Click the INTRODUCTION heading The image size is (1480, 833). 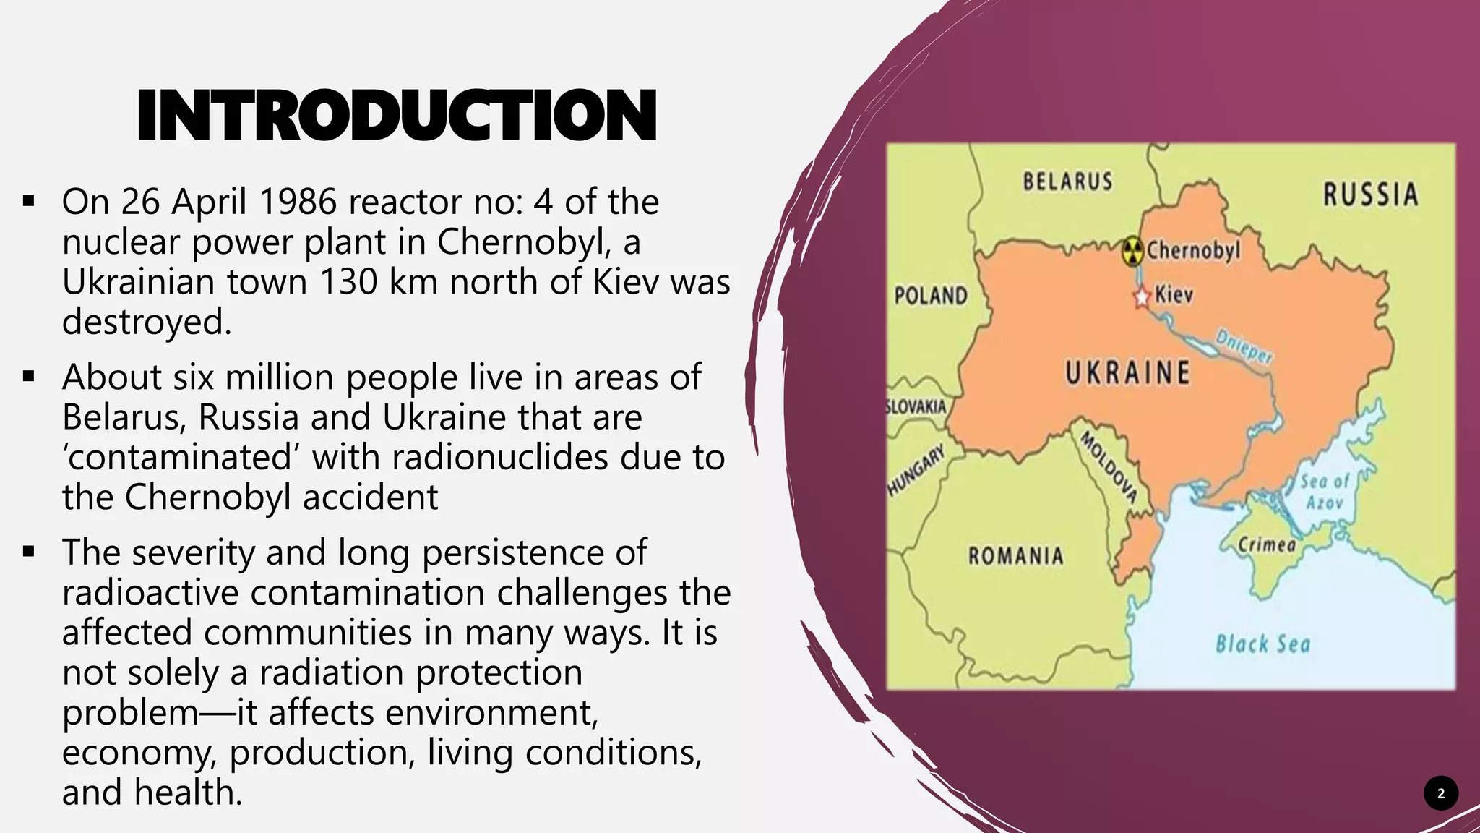(396, 116)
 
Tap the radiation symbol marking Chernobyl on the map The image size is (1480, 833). (1132, 252)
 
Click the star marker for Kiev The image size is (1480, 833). (1141, 296)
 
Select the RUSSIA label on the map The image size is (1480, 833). (1370, 195)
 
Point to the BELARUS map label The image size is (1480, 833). (1067, 181)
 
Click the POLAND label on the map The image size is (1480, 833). (931, 296)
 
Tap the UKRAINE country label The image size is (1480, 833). (1127, 373)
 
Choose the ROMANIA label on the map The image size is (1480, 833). (1015, 556)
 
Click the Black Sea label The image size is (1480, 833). (1262, 644)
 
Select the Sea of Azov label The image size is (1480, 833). (1325, 492)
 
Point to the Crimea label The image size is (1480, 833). (1267, 544)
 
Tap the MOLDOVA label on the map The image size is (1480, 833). (1109, 467)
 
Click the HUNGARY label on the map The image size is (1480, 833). (916, 471)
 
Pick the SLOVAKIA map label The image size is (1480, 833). (916, 407)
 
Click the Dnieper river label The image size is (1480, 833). (1244, 347)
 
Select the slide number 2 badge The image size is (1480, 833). (1440, 793)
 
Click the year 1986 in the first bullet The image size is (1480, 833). (297, 202)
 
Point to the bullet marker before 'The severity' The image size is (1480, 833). (29, 552)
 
